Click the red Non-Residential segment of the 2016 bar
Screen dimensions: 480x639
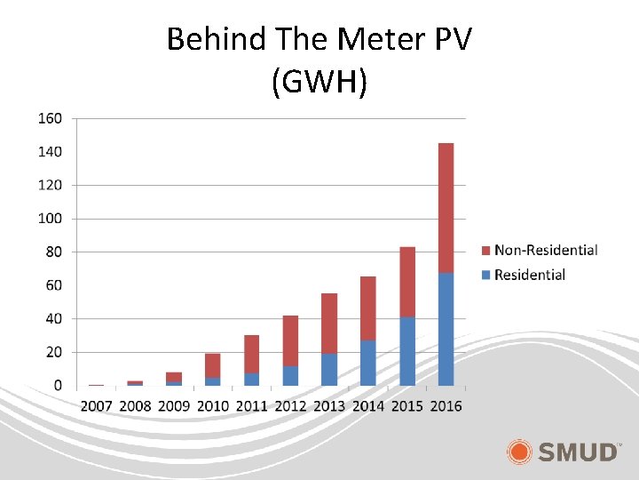coord(446,208)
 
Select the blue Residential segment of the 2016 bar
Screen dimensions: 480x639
coord(446,329)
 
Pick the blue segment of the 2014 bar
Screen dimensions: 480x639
coord(367,363)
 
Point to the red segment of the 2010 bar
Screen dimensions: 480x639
coord(213,365)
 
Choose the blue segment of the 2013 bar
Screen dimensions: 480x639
coord(329,370)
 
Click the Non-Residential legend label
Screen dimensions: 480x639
coord(546,251)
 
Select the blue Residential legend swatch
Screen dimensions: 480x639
coord(485,275)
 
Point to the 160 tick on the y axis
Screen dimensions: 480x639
coord(50,118)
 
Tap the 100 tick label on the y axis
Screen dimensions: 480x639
coord(50,219)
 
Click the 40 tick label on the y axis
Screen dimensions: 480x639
coord(54,318)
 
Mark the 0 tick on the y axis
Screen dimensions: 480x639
coord(58,386)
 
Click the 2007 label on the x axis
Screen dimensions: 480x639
coord(97,406)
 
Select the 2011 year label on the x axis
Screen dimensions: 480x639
coord(252,406)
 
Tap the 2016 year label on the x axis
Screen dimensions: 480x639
coord(446,406)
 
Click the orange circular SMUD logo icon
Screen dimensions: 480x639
coord(521,452)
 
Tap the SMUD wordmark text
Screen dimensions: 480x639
coord(579,452)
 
